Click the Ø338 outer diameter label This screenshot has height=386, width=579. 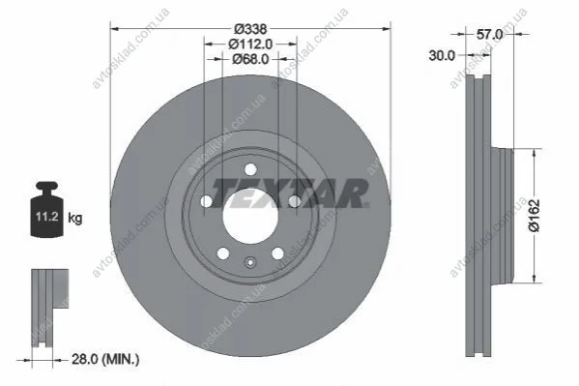pyautogui.click(x=250, y=28)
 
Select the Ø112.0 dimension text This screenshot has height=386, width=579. pyautogui.click(x=250, y=44)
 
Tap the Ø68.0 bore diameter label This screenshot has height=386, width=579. pyautogui.click(x=250, y=59)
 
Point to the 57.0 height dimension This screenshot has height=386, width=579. pyautogui.click(x=490, y=35)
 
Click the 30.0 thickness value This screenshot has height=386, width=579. pyautogui.click(x=442, y=56)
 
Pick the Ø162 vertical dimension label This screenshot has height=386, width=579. pyautogui.click(x=534, y=216)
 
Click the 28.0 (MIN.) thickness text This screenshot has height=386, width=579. pyautogui.click(x=105, y=359)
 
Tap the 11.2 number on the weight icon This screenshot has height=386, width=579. pyautogui.click(x=47, y=217)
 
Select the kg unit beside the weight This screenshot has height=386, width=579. pyautogui.click(x=75, y=218)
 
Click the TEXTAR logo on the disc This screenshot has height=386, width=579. pyautogui.click(x=291, y=193)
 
